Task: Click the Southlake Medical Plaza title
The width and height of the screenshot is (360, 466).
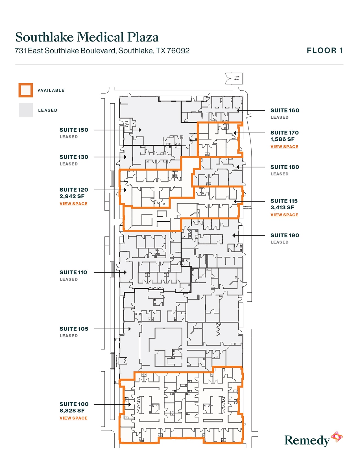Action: pyautogui.click(x=87, y=37)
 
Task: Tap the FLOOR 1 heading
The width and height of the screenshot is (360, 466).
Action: pyautogui.click(x=325, y=51)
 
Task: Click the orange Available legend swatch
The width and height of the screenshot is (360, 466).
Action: pyautogui.click(x=26, y=90)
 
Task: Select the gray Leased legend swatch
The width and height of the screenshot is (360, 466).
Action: pyautogui.click(x=26, y=110)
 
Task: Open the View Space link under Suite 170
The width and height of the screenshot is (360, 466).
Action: pyautogui.click(x=284, y=147)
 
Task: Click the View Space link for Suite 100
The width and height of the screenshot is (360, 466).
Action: pyautogui.click(x=73, y=418)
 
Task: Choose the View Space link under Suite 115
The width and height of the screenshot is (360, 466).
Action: pyautogui.click(x=284, y=215)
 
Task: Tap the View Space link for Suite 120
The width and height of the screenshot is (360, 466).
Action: pyautogui.click(x=73, y=204)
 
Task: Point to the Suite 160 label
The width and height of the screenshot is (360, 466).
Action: pyautogui.click(x=285, y=110)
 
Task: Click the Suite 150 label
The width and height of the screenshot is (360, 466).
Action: pyautogui.click(x=74, y=130)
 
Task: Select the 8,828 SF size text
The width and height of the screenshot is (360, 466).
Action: pyautogui.click(x=72, y=411)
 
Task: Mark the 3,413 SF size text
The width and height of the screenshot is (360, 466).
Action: pyautogui.click(x=282, y=208)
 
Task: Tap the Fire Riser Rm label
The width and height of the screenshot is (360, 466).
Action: pyautogui.click(x=127, y=124)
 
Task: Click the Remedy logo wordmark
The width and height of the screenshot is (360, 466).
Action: pyautogui.click(x=307, y=441)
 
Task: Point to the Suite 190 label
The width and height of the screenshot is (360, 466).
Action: pyautogui.click(x=285, y=236)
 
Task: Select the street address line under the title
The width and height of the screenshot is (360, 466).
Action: pyautogui.click(x=102, y=51)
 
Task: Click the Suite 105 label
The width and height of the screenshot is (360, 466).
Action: pyautogui.click(x=74, y=329)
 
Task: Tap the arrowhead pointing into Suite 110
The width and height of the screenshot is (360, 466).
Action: pyautogui.click(x=125, y=273)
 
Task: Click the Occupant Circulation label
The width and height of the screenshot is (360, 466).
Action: pyautogui.click(x=247, y=208)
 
